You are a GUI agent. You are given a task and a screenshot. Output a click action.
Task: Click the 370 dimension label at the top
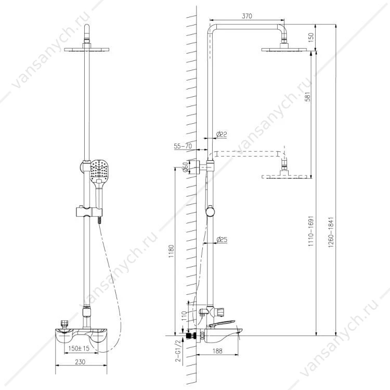pyautogui.click(x=246, y=16)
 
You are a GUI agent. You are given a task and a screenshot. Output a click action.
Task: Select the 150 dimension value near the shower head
pyautogui.click(x=311, y=37)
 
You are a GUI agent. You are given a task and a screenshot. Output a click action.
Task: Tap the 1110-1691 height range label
pyautogui.click(x=311, y=231)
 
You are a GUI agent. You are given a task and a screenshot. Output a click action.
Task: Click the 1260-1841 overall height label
pyautogui.click(x=330, y=232)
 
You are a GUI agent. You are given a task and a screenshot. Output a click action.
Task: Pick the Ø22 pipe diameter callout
pyautogui.click(x=222, y=135)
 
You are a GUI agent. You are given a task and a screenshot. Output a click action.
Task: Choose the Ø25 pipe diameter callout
pyautogui.click(x=222, y=240)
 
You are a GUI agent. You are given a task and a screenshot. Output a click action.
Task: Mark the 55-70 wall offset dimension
pyautogui.click(x=183, y=146)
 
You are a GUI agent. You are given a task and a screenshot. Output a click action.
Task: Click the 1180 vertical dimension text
pyautogui.click(x=171, y=251)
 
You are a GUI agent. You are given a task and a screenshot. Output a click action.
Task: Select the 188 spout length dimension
pyautogui.click(x=217, y=350)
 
